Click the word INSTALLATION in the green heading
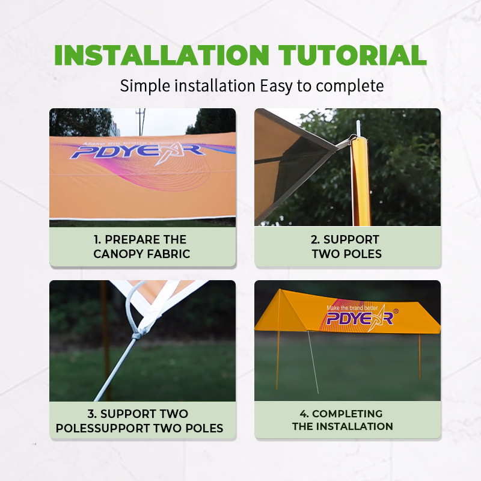point(162,55)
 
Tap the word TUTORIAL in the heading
point(352,55)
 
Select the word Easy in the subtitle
point(276,86)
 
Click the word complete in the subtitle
point(350,86)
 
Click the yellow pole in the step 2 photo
point(361,181)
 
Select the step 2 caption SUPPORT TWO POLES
point(347,247)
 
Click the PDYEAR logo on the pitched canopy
point(360,319)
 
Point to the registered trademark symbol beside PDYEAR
point(396,311)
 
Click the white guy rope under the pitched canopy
point(313,363)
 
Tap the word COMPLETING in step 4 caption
point(348,414)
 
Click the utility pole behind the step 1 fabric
point(141,122)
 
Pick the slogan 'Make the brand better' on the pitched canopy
point(352,307)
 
